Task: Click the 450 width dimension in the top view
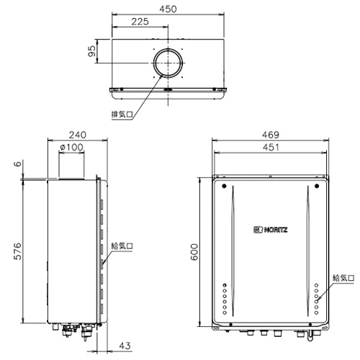(x=168, y=9)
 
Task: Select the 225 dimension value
(x=140, y=22)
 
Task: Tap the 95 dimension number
(x=92, y=51)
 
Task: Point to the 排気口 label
(x=122, y=114)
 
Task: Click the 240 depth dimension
(x=78, y=135)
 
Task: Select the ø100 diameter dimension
(x=71, y=147)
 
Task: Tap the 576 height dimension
(x=17, y=251)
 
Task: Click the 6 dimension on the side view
(x=17, y=163)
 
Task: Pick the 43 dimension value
(x=125, y=346)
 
